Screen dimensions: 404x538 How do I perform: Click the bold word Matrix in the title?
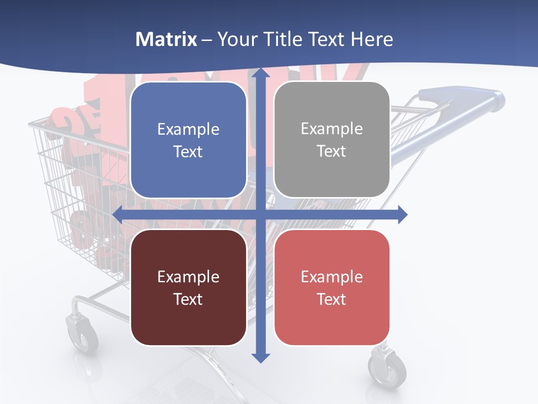166,39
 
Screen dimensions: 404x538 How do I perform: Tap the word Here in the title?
372,39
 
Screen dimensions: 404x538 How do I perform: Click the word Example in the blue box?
188,130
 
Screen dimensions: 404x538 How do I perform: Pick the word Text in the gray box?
332,151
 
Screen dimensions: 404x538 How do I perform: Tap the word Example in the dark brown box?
188,277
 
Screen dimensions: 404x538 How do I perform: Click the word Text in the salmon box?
332,299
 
